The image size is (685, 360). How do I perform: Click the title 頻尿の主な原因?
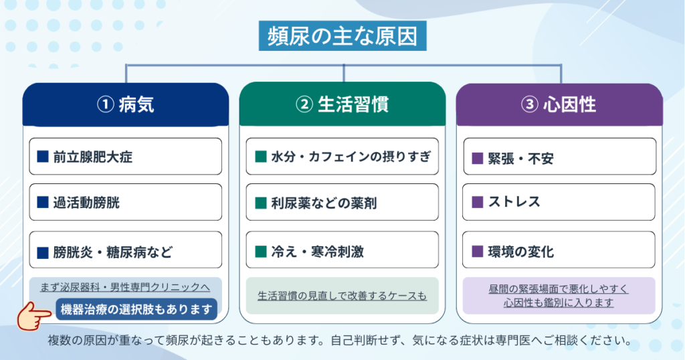tap(342, 36)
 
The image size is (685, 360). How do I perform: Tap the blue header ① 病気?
tap(126, 105)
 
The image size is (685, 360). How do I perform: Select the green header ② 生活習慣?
tap(342, 104)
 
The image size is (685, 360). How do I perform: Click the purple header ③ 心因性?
tap(559, 105)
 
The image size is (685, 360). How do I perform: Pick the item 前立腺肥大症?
tap(125, 157)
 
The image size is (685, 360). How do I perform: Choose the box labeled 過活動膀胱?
tap(125, 202)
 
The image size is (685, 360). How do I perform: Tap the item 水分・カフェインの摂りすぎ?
tap(342, 157)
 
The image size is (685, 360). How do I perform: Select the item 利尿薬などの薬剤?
tap(342, 202)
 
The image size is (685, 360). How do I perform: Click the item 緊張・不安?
tap(560, 157)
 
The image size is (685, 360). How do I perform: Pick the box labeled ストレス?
tap(559, 202)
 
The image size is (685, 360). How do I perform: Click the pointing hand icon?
tap(33, 315)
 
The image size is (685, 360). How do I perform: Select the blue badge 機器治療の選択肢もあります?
tap(136, 309)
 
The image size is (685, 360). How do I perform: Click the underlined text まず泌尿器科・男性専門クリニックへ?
tap(125, 287)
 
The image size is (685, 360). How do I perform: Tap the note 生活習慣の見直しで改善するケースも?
tap(342, 296)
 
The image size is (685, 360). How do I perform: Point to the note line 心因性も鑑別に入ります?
tap(559, 302)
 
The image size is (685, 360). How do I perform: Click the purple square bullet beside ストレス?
tap(478, 202)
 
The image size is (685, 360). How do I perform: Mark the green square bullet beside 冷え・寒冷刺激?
tap(261, 251)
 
